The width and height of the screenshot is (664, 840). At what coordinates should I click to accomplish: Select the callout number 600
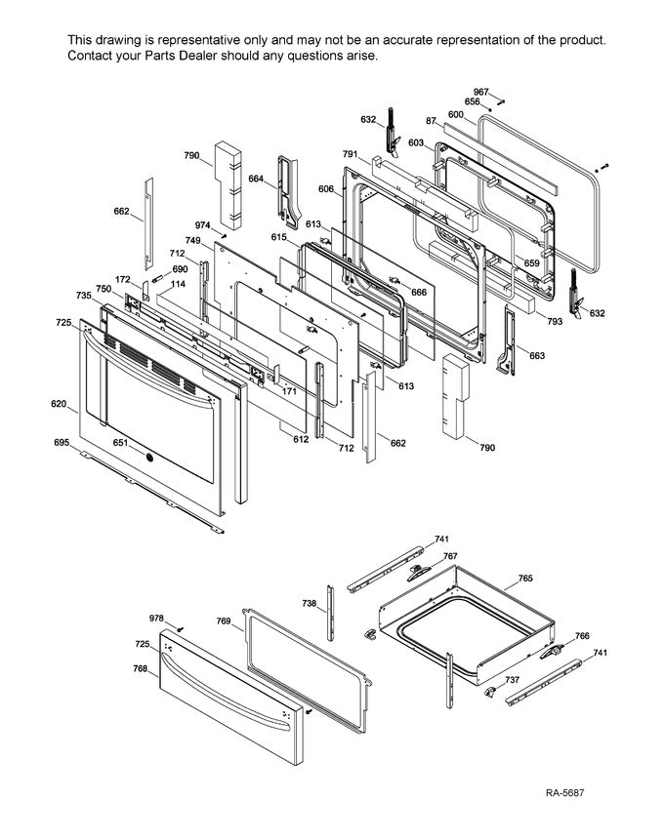click(454, 114)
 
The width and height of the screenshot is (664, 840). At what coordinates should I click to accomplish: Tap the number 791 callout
click(351, 153)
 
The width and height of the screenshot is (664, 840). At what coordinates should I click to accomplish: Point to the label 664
click(256, 179)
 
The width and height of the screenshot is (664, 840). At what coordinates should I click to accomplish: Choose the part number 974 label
click(202, 225)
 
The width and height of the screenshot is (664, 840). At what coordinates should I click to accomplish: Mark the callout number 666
click(418, 292)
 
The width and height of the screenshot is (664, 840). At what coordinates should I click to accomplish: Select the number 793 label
click(554, 320)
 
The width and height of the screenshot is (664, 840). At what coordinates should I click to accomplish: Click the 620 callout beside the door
click(60, 403)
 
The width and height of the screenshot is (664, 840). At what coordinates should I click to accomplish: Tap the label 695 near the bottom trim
click(62, 443)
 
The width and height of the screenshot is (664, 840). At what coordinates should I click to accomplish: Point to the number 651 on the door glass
click(120, 442)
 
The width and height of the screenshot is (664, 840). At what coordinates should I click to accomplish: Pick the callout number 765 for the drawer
click(524, 579)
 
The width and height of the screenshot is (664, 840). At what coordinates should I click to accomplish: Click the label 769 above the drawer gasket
click(223, 621)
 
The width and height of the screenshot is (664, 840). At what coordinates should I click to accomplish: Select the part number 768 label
click(141, 668)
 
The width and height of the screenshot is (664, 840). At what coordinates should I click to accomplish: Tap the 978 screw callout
click(156, 619)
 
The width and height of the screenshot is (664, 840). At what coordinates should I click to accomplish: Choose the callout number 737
click(511, 680)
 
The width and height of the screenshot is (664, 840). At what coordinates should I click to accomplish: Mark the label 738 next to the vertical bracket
click(309, 604)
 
